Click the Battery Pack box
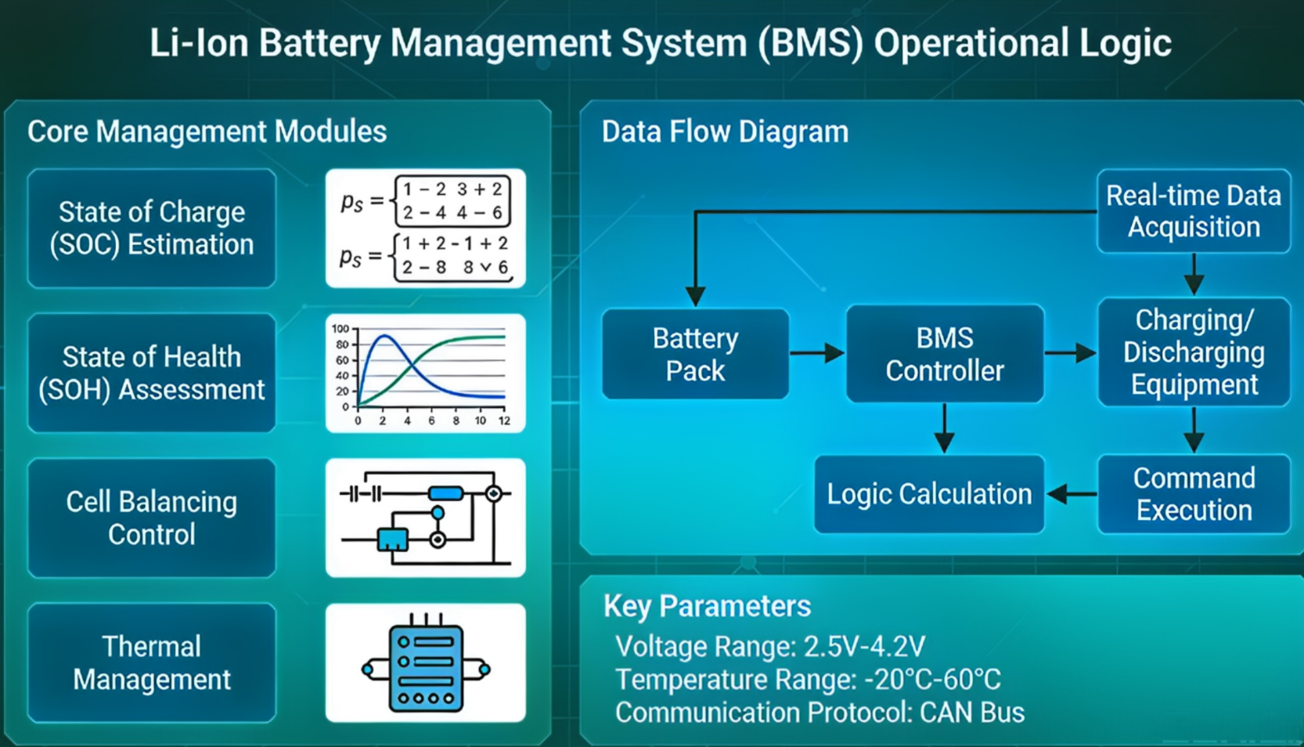695,354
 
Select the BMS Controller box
944,354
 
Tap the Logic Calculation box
929,494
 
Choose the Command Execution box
1193,494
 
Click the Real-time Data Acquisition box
1193,211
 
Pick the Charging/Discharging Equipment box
1193,352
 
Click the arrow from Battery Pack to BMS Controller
816,353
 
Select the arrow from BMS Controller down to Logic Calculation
944,428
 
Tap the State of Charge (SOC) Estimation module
152,229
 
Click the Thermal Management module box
152,662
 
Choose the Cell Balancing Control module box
152,518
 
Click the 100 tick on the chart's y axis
340,329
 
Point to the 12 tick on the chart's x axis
504,420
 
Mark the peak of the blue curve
384,337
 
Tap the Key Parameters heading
707,606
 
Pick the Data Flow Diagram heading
725,132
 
